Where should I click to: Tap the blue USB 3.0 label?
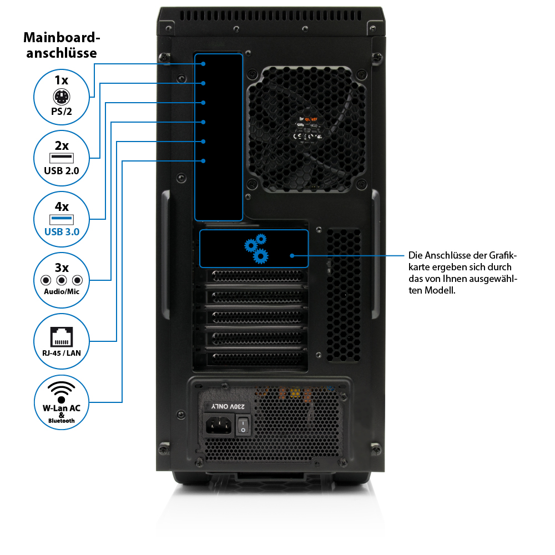pos(61,232)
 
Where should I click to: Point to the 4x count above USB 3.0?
pos(61,206)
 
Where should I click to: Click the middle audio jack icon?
pos(62,280)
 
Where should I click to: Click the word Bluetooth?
pos(61,421)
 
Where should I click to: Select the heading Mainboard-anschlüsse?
pos(61,46)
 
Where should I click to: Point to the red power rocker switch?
pos(243,426)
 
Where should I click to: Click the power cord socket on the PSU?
pos(219,426)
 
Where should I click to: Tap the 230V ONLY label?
pos(229,407)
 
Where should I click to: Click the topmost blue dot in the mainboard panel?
pos(204,64)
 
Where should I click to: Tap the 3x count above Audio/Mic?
pos(61,268)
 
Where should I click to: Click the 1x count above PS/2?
pos(61,80)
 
